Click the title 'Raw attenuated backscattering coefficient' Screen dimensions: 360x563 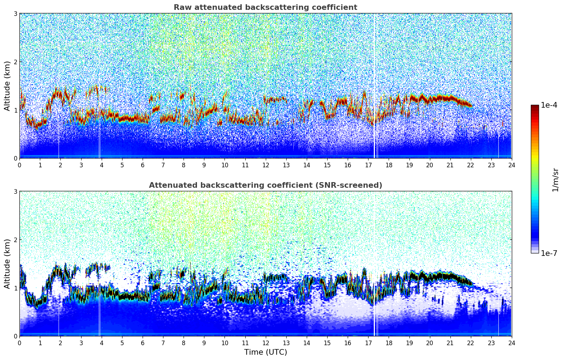[265, 7]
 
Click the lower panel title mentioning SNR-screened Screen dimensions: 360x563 [265, 185]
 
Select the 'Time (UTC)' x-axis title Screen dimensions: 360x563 [265, 352]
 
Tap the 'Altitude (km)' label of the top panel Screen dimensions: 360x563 [7, 86]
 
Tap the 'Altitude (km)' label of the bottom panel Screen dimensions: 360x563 [7, 264]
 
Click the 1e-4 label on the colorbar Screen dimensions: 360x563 [549, 105]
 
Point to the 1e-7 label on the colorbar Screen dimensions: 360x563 [549, 253]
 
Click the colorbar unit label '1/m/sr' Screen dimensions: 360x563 [555, 180]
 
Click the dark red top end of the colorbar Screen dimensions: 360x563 [535, 107]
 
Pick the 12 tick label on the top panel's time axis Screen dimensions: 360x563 [265, 165]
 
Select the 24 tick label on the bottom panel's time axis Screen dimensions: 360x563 [511, 343]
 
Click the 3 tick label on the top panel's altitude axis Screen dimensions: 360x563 [16, 13]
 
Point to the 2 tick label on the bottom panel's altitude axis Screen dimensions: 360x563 [16, 240]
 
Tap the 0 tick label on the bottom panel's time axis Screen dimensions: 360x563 [19, 343]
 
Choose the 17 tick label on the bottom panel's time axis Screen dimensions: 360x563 [368, 343]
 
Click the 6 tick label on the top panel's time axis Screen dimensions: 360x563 [143, 165]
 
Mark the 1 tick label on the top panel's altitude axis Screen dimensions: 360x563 [16, 110]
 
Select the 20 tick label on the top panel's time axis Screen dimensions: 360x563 [430, 165]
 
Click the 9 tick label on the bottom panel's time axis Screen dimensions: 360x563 [204, 343]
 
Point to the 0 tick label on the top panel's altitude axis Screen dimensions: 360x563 [16, 158]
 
